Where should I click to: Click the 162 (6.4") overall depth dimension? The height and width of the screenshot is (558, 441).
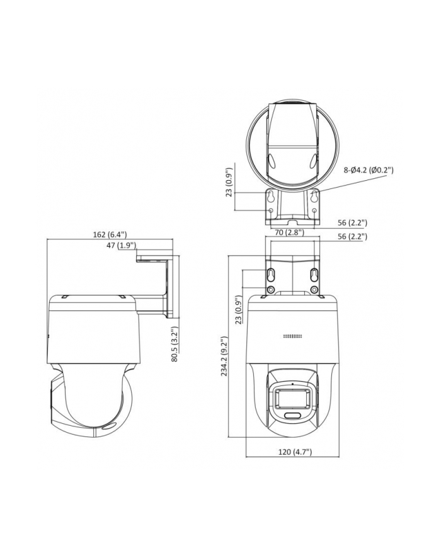[x=109, y=234]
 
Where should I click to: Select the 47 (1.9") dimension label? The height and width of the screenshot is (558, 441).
[x=121, y=245]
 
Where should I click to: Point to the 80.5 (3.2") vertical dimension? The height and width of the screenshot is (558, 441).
[x=176, y=345]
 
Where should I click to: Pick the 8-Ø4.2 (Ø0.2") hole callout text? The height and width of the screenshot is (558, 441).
[x=369, y=169]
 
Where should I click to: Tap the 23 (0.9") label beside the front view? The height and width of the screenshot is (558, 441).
[x=238, y=310]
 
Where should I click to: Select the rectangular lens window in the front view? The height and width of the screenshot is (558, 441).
[x=290, y=398]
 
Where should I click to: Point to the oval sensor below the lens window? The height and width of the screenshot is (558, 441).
[x=292, y=416]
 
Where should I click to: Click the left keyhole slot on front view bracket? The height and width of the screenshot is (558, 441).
[x=270, y=275]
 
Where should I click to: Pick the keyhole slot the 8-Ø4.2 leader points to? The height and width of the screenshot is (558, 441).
[x=313, y=198]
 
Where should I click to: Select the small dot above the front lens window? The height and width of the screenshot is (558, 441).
[x=292, y=384]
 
